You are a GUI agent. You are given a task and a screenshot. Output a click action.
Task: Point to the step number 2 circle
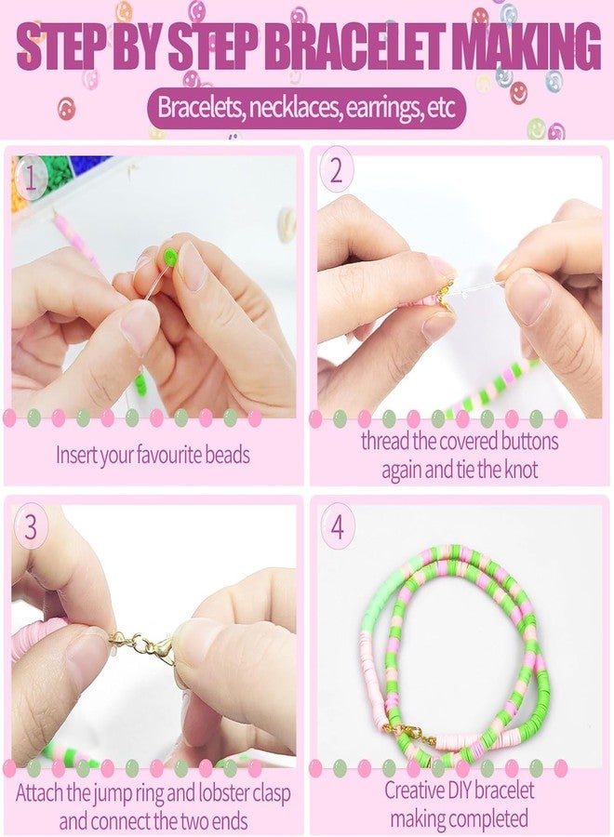336,173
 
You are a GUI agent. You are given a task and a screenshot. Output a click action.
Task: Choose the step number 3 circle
31,527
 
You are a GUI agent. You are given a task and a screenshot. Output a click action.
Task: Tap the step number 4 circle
337,526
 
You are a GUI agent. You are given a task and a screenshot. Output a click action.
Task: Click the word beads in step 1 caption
223,457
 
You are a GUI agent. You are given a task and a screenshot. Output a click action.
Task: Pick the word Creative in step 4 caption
418,791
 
